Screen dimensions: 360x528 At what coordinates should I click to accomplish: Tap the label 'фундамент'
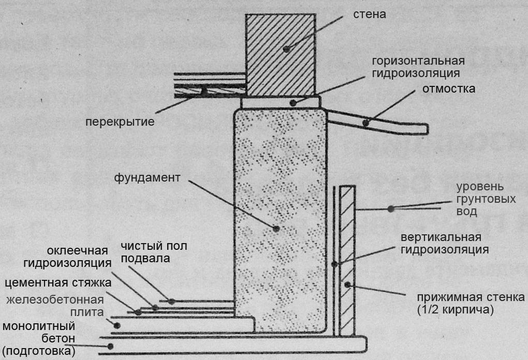coord(148,178)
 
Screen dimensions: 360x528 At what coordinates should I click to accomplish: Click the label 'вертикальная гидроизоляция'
coord(445,244)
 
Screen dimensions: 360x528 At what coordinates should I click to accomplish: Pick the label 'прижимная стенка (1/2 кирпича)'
coord(470,303)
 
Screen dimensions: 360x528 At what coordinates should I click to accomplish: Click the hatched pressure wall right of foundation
coord(347,259)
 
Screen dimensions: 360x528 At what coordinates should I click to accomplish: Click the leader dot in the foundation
coord(276,228)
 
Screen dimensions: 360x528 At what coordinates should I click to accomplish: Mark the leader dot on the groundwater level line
coord(391,208)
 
